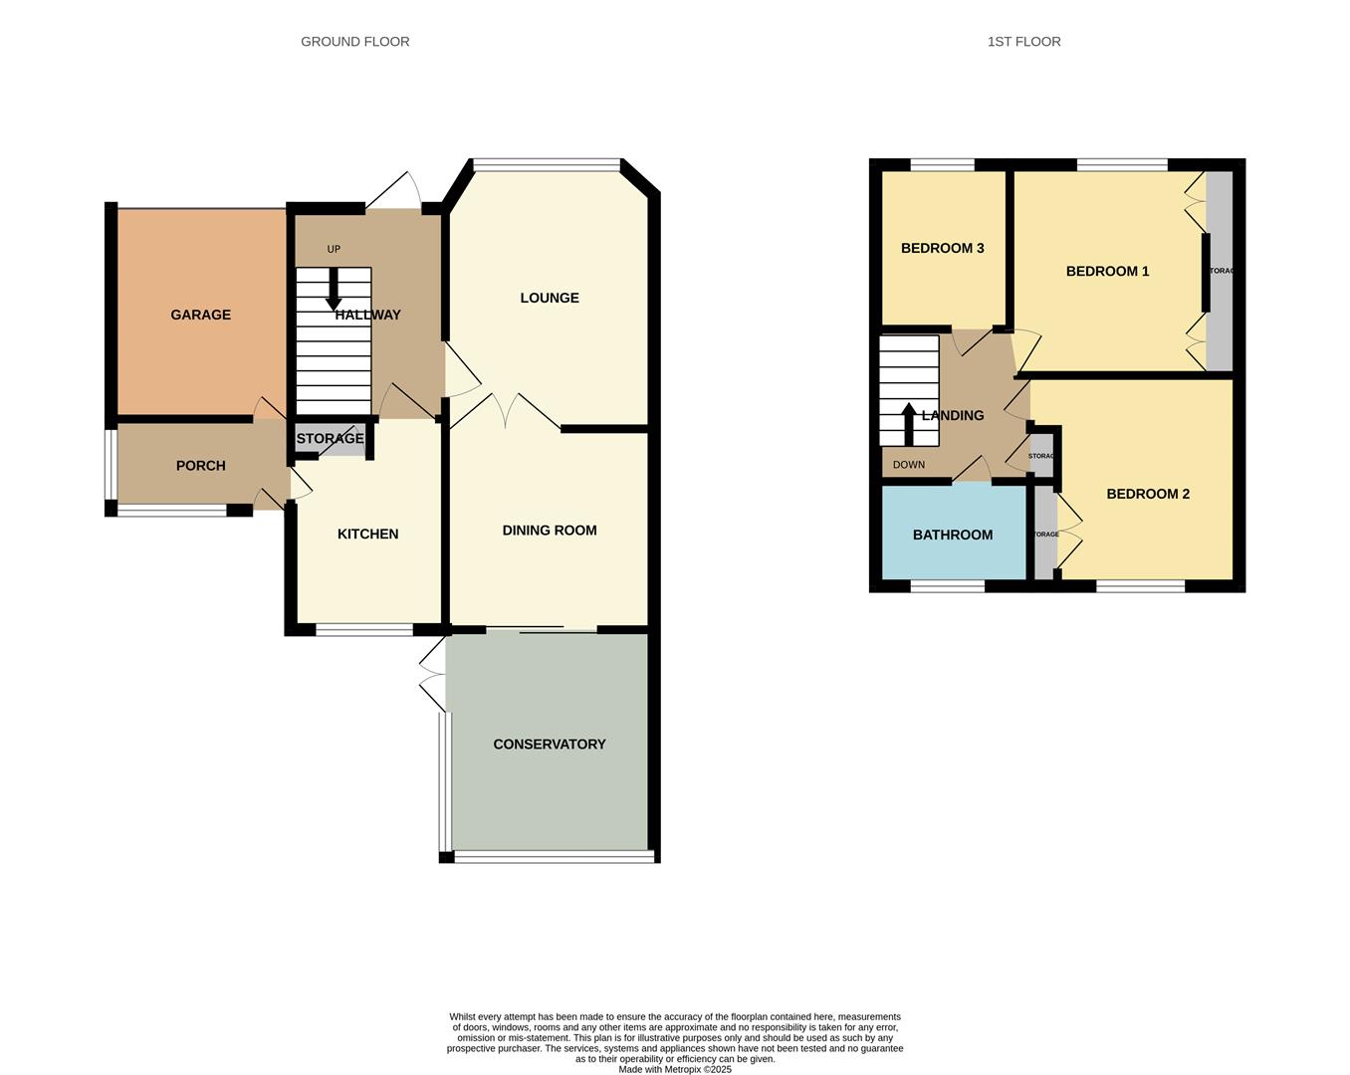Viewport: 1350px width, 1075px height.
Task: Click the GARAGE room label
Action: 200,315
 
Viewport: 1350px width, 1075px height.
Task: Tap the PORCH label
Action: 200,466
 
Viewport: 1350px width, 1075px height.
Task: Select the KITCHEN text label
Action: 367,535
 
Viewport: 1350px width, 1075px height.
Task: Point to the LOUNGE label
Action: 549,298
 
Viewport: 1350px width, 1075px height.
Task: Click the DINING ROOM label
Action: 549,531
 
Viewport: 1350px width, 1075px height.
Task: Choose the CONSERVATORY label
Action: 549,745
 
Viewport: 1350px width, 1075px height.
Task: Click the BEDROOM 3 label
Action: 942,248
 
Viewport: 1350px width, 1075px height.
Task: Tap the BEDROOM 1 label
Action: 1107,271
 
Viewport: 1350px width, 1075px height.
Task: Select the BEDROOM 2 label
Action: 1147,494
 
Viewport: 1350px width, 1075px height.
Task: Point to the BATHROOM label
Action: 952,535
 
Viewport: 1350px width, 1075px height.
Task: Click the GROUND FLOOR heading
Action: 354,42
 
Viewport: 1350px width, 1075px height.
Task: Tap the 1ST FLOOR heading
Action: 1023,42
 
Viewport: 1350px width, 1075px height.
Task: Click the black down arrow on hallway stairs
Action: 334,290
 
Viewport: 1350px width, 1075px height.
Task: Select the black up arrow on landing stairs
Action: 908,423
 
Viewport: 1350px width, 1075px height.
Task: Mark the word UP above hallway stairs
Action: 334,249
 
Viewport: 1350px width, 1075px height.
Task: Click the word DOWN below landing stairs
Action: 908,465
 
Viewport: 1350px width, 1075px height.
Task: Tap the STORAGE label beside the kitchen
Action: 330,439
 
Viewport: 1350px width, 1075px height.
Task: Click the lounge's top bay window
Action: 547,165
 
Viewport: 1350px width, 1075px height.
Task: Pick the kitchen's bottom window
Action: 364,629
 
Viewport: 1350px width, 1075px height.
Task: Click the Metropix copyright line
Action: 675,1070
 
